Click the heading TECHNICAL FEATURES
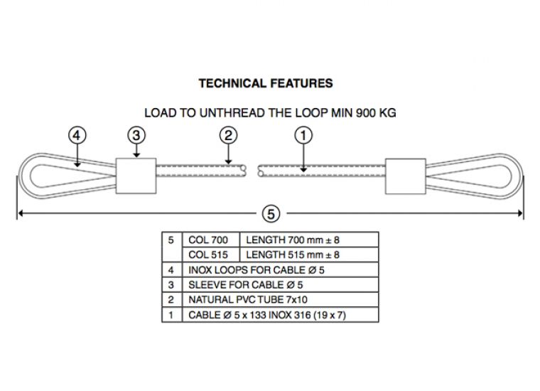click(265, 83)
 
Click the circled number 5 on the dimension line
click(270, 212)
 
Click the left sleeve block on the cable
click(134, 175)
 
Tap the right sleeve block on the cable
click(405, 175)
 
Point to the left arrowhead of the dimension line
click(21, 212)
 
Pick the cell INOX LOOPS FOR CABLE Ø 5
click(256, 270)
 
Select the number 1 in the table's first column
click(171, 315)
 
